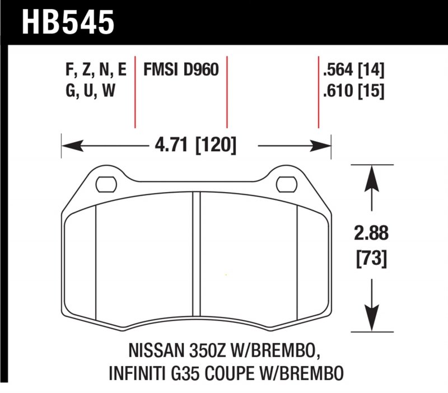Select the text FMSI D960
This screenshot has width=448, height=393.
180,71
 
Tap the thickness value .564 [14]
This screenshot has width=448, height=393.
353,71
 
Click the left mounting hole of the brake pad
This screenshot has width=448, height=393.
105,183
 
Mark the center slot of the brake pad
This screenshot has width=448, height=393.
197,258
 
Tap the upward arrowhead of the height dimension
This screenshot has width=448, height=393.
371,174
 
